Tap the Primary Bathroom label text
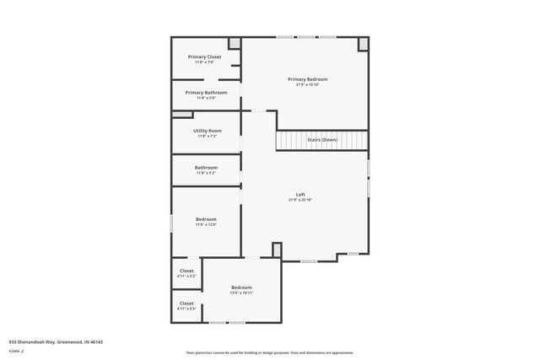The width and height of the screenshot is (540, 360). click(x=207, y=92)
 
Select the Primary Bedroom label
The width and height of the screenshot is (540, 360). click(x=305, y=79)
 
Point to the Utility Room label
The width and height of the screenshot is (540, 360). click(x=207, y=131)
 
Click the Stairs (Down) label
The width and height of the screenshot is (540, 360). click(x=321, y=140)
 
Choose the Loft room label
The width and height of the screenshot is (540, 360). click(x=300, y=195)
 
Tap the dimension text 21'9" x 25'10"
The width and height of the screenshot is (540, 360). click(x=300, y=200)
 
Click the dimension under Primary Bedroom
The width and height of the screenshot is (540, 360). click(x=305, y=84)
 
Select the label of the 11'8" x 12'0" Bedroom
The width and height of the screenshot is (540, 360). click(x=207, y=219)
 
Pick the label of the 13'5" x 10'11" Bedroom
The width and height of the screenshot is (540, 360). click(x=242, y=287)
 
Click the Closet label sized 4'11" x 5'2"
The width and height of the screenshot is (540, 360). click(x=186, y=271)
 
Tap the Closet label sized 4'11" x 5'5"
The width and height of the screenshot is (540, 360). click(x=186, y=304)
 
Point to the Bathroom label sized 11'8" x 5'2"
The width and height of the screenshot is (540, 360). click(x=207, y=167)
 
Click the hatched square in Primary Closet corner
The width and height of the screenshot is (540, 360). click(x=235, y=43)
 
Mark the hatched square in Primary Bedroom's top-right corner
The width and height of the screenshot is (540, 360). click(x=364, y=44)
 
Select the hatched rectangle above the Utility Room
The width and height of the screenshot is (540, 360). click(x=182, y=114)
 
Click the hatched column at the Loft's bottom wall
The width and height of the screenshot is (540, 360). click(x=277, y=250)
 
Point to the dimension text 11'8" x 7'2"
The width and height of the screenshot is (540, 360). click(x=207, y=136)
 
